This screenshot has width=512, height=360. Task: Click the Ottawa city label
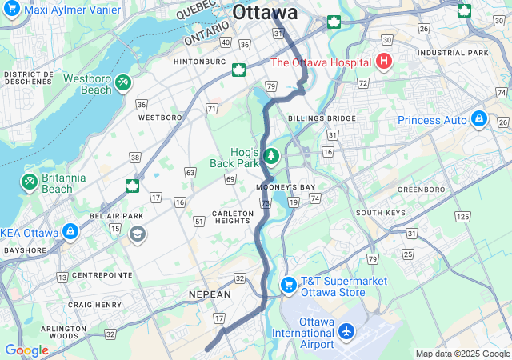[x=265, y=13]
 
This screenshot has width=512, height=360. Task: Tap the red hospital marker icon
[x=384, y=62]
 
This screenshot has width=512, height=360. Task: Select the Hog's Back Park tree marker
[x=271, y=155]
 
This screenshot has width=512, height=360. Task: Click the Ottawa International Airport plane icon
[x=346, y=330]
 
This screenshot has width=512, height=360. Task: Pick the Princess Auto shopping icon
[x=479, y=119]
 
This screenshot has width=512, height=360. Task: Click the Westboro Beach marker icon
[x=122, y=82]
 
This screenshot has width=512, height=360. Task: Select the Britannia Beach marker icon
[x=29, y=182]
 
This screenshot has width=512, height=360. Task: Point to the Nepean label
[x=210, y=295]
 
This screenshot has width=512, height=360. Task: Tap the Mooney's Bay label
[x=286, y=187]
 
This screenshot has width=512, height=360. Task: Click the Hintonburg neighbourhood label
[x=200, y=61]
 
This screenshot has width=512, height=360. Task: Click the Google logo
[x=26, y=350]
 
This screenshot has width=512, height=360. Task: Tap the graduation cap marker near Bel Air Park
[x=137, y=234]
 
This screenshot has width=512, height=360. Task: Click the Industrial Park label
[x=464, y=53]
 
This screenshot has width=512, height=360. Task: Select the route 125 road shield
[x=462, y=217]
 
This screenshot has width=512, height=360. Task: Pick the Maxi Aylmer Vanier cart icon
[x=12, y=10]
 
